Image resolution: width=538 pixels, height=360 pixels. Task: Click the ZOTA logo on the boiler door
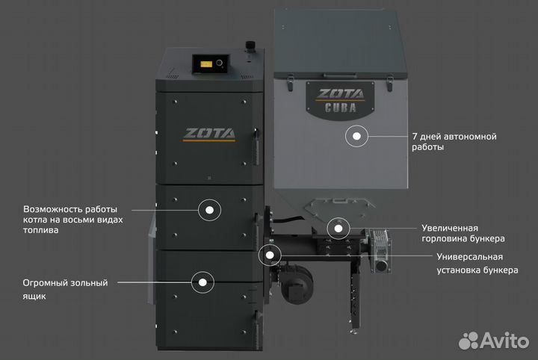[x=209, y=134]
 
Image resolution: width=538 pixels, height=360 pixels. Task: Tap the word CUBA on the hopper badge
[x=341, y=108]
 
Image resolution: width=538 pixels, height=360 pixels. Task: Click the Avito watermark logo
[x=494, y=341]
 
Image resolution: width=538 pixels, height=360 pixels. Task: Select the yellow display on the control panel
[x=206, y=64]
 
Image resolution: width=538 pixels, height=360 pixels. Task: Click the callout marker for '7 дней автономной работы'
[x=356, y=136]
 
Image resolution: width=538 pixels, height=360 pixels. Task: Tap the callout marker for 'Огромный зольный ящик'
[x=202, y=282]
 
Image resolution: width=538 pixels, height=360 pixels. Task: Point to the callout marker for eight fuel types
[x=209, y=210]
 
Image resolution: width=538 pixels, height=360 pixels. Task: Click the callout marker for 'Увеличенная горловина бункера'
[x=338, y=229]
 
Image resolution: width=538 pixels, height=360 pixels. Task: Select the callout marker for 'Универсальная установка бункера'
[x=270, y=255]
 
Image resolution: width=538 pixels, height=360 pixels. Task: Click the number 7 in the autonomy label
[x=415, y=137]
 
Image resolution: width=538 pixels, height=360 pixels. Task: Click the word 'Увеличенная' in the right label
[x=450, y=229]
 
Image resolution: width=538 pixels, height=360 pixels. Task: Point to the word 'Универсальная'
[x=469, y=257]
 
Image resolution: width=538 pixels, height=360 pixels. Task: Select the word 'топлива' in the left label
[x=40, y=230]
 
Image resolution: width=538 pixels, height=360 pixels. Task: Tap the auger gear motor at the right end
[x=381, y=250]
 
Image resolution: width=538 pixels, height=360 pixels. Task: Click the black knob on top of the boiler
[x=250, y=46]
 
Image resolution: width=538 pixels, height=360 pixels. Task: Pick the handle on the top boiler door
[x=256, y=147]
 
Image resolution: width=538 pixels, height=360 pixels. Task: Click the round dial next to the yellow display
[x=219, y=63]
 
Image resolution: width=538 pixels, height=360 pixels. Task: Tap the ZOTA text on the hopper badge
[x=340, y=93]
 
